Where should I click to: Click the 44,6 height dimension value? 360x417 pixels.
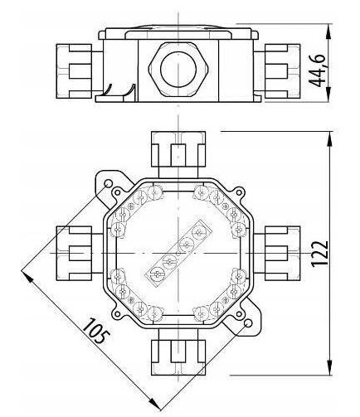(317, 71)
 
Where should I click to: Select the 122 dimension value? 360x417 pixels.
(319, 254)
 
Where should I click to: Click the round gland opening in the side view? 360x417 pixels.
(178, 68)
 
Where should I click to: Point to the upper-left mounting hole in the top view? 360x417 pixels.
(108, 183)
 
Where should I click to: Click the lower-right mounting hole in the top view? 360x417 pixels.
(248, 323)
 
